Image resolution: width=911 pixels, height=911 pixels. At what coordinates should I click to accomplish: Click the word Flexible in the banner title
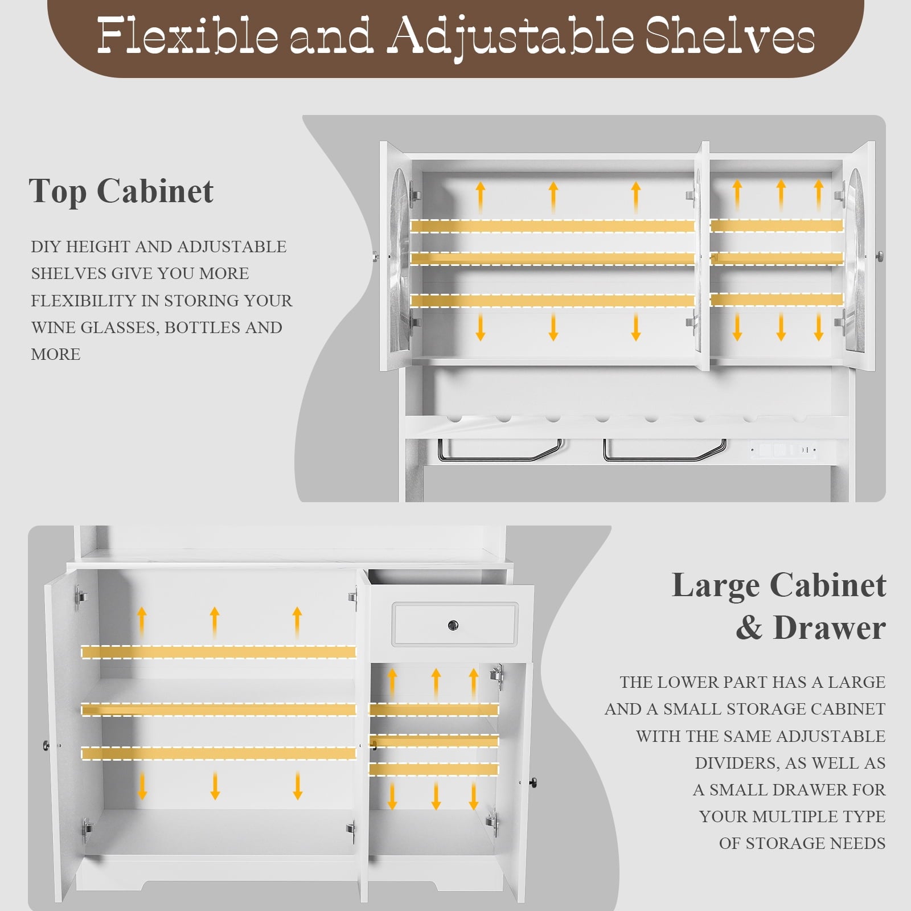point(188,35)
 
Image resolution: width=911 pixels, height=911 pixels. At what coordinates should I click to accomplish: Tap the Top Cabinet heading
point(121,191)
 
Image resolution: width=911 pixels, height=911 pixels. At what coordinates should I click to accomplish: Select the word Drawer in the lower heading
point(829,628)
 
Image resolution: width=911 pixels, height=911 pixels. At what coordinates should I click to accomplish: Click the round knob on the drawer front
point(453,625)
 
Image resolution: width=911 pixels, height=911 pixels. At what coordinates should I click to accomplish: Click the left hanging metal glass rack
point(500,450)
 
